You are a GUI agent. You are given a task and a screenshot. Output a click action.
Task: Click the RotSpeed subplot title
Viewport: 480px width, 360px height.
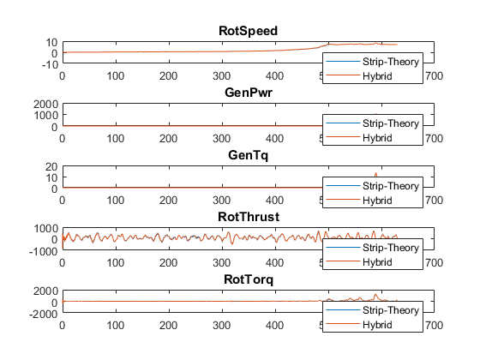pos(249,31)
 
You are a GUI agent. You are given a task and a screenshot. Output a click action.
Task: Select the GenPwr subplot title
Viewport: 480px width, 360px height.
pos(249,93)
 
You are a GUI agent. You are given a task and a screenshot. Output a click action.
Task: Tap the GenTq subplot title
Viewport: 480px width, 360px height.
pos(249,155)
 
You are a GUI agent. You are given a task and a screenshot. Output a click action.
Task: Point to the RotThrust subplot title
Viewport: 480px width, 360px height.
pos(249,217)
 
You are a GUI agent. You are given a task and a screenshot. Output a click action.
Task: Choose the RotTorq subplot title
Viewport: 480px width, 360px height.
pos(249,279)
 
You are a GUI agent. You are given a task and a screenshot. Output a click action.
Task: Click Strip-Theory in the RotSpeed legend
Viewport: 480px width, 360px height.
pos(391,62)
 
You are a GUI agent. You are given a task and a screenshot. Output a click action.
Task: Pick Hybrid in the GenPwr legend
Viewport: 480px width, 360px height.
pos(377,138)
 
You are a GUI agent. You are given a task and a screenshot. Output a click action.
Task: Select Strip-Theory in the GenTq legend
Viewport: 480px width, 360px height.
pos(391,186)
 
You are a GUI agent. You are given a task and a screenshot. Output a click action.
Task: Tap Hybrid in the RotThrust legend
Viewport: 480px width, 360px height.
pos(377,262)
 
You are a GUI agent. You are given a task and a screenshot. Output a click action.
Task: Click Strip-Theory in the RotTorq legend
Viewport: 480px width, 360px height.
pos(391,310)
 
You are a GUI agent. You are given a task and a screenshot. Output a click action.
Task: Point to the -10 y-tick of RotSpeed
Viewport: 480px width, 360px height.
pos(50,65)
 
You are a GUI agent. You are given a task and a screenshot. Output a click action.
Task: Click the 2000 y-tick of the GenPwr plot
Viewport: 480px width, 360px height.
pos(45,105)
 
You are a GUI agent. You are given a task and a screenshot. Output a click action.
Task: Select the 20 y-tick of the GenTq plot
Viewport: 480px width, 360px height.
pos(51,167)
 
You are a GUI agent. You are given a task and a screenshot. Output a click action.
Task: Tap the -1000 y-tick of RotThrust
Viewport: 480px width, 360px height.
pos(44,252)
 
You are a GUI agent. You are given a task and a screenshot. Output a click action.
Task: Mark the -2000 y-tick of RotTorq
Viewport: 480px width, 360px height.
pos(44,314)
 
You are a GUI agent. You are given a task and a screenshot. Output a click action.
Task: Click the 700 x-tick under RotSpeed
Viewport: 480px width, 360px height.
pos(434,76)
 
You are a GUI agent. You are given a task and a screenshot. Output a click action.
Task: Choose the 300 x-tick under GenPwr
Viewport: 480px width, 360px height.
pos(222,138)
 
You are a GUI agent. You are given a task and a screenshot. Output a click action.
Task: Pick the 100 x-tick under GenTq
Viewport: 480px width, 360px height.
pos(116,201)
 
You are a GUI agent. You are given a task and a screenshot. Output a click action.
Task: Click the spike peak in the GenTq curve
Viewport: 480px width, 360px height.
pos(376,173)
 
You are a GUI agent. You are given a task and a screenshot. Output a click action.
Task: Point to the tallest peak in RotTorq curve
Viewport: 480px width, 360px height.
pos(375,295)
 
